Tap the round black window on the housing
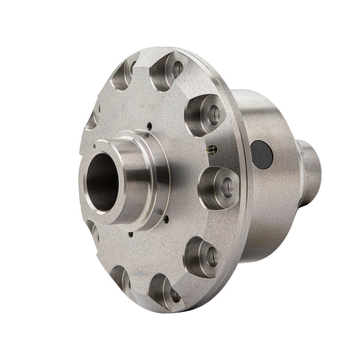point(262,154)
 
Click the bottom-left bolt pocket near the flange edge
point(119,277)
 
